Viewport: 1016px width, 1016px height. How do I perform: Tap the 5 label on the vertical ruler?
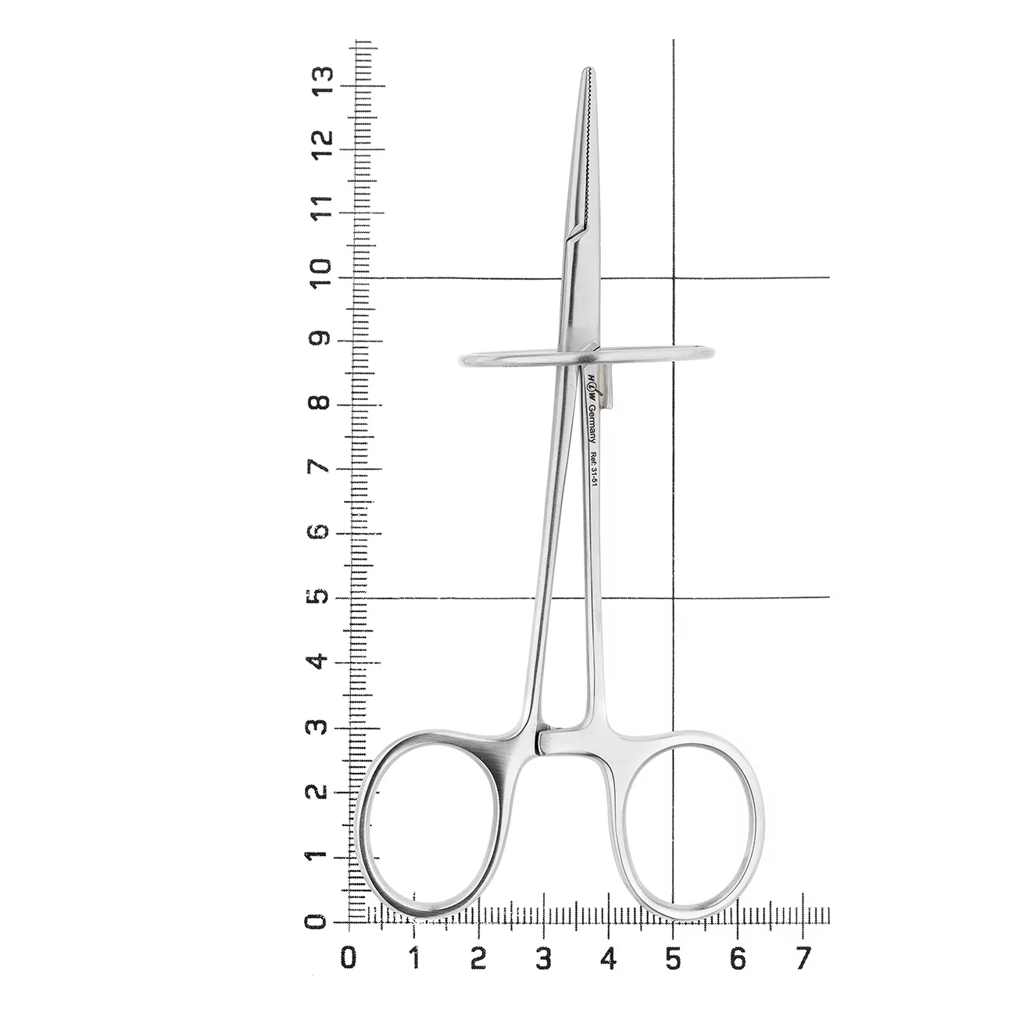coord(320,597)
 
